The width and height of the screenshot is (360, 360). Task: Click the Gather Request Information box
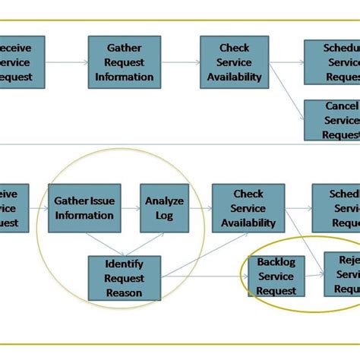tap(125, 61)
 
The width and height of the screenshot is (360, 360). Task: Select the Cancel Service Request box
tap(332, 120)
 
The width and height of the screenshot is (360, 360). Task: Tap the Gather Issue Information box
tap(84, 208)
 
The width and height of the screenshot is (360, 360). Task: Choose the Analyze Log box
tap(165, 208)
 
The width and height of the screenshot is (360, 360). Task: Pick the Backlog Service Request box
tap(276, 276)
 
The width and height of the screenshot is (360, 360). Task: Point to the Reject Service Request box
tap(343, 274)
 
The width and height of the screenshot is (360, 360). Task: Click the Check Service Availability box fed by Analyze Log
tap(248, 208)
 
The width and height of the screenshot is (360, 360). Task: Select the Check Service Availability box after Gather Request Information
tap(235, 61)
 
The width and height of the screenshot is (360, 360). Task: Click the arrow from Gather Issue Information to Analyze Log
tap(131, 208)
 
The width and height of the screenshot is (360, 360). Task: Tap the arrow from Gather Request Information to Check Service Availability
tap(181, 62)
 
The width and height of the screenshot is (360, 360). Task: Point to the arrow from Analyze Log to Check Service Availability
tap(200, 208)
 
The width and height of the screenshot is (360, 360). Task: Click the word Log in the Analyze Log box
tap(165, 216)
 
